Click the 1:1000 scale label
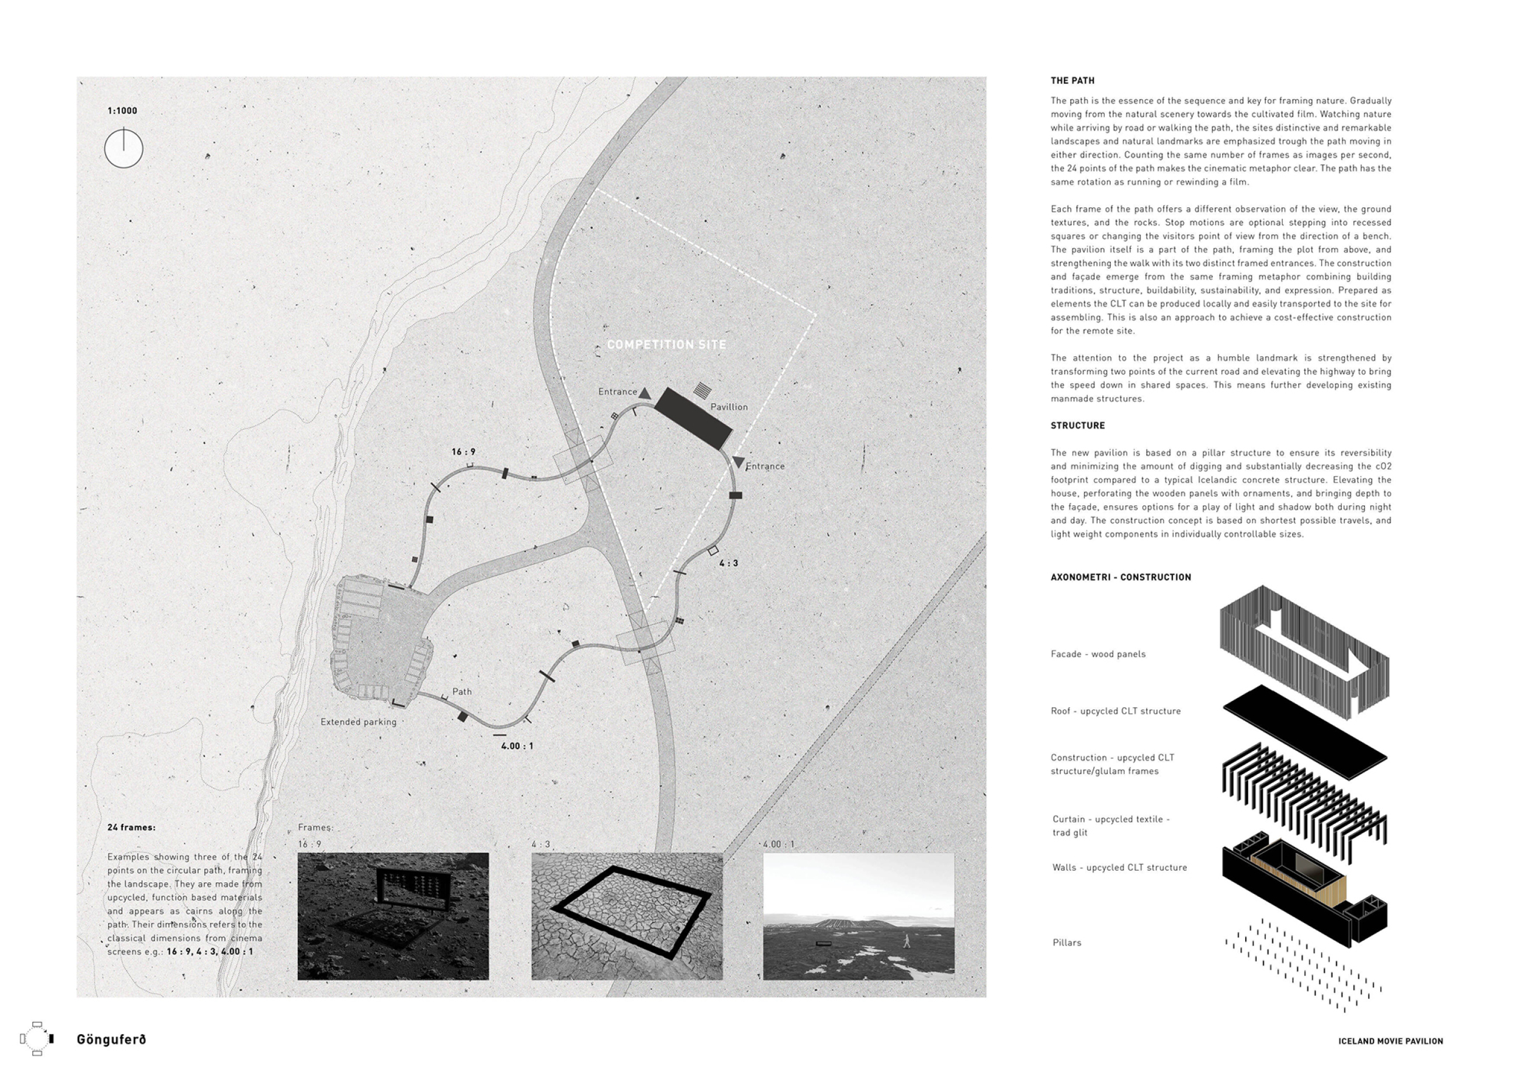click(122, 111)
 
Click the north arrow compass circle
click(124, 149)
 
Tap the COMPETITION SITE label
click(666, 344)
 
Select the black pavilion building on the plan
click(693, 418)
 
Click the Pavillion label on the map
click(729, 407)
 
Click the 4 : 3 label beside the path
click(728, 563)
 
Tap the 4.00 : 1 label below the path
click(517, 746)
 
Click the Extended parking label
click(358, 722)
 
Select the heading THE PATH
click(1073, 81)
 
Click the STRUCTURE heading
click(1077, 426)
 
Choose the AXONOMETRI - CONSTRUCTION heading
click(1121, 577)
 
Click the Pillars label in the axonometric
click(1066, 942)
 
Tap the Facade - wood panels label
click(1097, 654)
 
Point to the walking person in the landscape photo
click(907, 941)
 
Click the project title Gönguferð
click(111, 1039)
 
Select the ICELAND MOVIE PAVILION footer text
click(1390, 1041)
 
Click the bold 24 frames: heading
click(132, 828)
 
